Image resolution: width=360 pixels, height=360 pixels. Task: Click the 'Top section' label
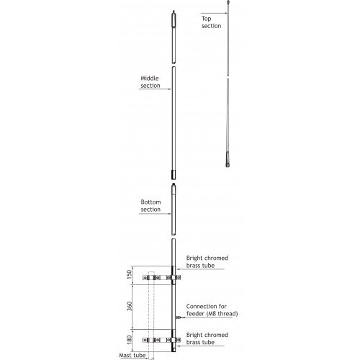coord(211,22)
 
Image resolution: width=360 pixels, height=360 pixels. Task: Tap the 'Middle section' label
coord(150,82)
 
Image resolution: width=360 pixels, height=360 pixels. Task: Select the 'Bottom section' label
coord(150,206)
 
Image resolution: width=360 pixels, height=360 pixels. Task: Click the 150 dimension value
coord(129,274)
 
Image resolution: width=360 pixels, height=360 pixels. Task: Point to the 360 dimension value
coord(129,306)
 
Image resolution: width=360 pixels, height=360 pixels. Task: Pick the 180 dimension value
coord(129,340)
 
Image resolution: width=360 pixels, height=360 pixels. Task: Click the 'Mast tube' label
coord(132,355)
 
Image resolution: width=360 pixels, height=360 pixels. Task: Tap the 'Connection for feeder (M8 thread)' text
coord(212,310)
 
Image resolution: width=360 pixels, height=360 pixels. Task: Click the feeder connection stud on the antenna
coord(179,318)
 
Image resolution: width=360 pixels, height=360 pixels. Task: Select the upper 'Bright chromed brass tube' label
coord(207,261)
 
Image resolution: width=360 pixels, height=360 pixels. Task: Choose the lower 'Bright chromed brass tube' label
coord(207,338)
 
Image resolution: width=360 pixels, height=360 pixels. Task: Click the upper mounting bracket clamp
coord(161,278)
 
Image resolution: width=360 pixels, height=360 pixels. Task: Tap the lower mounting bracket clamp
coord(161,340)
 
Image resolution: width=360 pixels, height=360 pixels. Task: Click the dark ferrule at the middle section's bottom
coord(174,175)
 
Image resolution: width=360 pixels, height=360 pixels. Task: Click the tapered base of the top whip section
coord(228,159)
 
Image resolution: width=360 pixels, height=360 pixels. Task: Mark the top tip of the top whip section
coord(228,1)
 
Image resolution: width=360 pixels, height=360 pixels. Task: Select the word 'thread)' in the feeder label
coord(228,314)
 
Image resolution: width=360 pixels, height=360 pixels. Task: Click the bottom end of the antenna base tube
coord(174,352)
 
